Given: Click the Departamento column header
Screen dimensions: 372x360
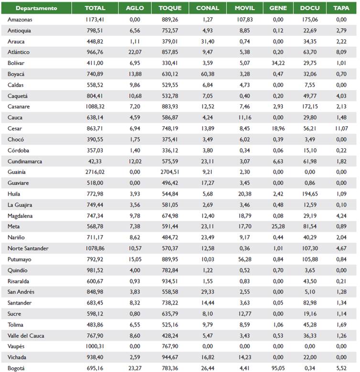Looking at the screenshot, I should click(36, 8).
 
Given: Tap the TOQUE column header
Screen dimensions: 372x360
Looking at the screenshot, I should click(170, 8).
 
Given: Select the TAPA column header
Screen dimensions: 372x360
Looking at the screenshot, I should click(341, 8).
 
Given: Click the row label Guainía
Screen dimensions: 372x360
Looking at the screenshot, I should click(17, 172).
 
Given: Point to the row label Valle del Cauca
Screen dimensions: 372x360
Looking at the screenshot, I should click(26, 336).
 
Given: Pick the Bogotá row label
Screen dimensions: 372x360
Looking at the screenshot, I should click(16, 368).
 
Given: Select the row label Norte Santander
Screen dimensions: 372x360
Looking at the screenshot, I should click(28, 248).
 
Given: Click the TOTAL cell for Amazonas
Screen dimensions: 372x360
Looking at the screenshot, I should click(95, 20).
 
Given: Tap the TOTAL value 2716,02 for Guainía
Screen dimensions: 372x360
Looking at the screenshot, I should click(95, 172).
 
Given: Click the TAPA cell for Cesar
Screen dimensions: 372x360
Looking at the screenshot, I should click(340, 129).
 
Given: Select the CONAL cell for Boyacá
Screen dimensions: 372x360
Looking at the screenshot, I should click(207, 74).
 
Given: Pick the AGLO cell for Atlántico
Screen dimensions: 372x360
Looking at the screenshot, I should click(134, 52).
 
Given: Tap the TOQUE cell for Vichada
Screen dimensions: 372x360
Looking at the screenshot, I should click(170, 357).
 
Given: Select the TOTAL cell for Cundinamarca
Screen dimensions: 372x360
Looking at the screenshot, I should click(95, 161).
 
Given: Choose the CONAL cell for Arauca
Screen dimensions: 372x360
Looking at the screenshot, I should click(207, 42).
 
